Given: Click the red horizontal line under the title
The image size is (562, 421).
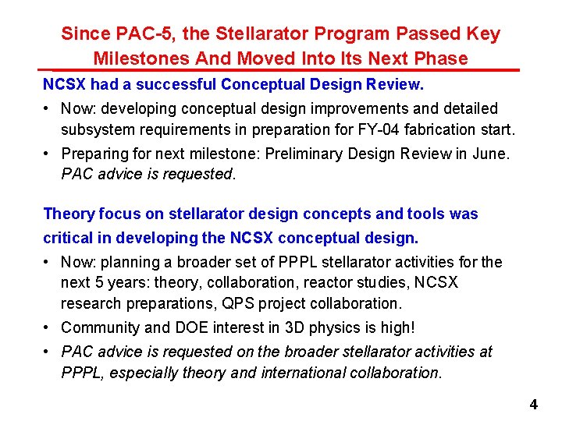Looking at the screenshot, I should (x=281, y=70).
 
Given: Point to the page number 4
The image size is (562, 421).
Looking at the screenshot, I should (x=534, y=405).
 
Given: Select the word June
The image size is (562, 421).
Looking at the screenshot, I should (x=490, y=154).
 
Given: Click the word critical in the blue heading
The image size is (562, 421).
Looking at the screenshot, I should (x=67, y=236).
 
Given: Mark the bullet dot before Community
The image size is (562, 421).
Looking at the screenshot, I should (x=48, y=327).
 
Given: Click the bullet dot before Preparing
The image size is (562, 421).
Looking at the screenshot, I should (x=48, y=154).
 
